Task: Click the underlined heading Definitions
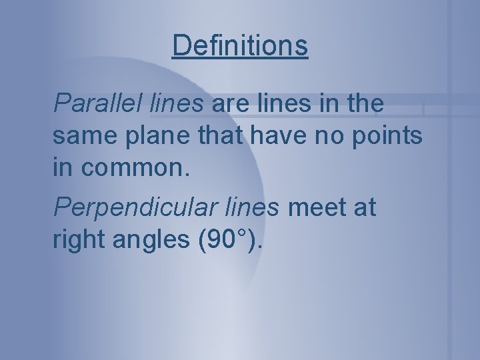240,46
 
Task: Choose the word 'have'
272,136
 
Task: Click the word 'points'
387,136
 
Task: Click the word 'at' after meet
364,207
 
